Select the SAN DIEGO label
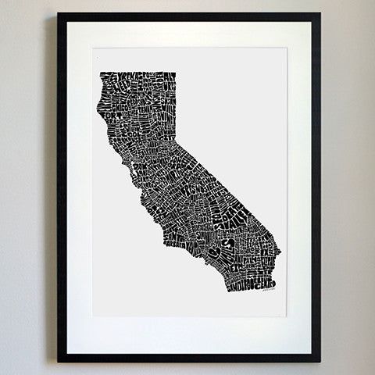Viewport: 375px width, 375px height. pyautogui.click(x=238, y=286)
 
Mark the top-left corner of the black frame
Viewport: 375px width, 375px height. pyautogui.click(x=58, y=13)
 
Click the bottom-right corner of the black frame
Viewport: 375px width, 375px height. pyautogui.click(x=320, y=361)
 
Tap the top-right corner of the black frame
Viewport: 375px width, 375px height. pyautogui.click(x=320, y=13)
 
